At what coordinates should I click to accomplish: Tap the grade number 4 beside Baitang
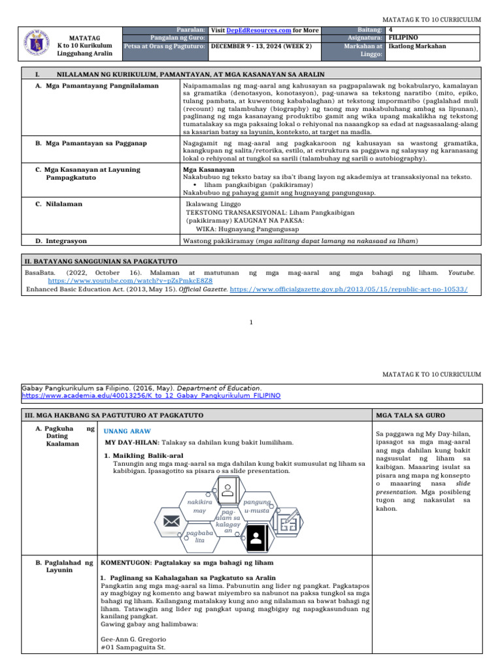pos(390,30)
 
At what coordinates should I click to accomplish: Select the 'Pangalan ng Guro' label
pos(178,39)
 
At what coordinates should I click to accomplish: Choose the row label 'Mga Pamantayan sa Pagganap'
pos(91,142)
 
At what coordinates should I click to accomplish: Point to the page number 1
pos(252,322)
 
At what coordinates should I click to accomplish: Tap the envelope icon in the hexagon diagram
pos(172,521)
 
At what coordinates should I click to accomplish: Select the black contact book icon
pos(256,540)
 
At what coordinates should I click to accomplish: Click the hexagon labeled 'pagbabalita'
pos(200,537)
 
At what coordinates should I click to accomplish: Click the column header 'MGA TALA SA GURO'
pos(403,416)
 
